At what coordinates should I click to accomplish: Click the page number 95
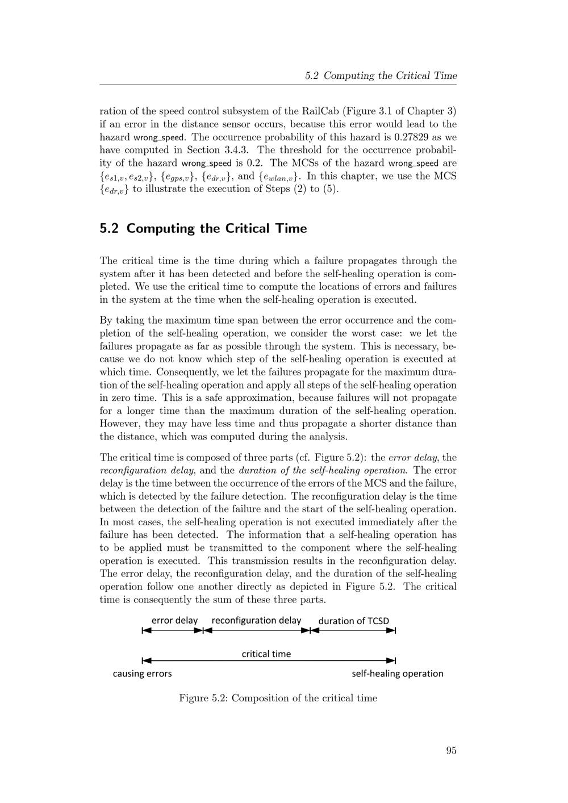click(x=451, y=750)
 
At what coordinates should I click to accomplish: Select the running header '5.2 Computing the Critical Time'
click(x=381, y=76)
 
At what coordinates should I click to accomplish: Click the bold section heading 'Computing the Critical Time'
click(x=216, y=228)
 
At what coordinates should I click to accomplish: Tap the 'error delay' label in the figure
click(x=174, y=620)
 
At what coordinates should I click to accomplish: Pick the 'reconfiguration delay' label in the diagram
click(x=256, y=620)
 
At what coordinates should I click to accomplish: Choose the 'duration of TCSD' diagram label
click(x=354, y=621)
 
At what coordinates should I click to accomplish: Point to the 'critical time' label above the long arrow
click(x=266, y=654)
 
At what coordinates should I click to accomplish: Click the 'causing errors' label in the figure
click(x=142, y=674)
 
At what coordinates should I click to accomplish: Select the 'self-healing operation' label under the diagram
click(x=398, y=674)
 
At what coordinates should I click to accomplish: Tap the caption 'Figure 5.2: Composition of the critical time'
click(x=278, y=698)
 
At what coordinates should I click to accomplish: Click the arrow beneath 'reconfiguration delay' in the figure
click(x=257, y=630)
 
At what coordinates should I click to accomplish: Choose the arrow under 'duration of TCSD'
click(x=353, y=630)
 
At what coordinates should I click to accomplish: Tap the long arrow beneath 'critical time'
click(x=269, y=660)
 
